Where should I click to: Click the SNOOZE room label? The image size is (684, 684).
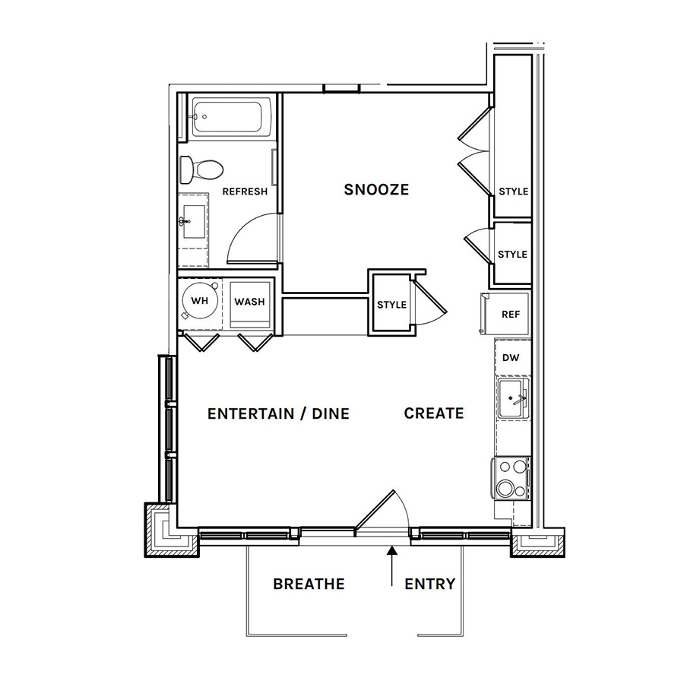pos(376,190)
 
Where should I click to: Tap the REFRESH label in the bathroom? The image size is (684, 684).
pos(245,192)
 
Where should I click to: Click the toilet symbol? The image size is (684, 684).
pos(201,169)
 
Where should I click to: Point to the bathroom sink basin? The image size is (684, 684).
pos(194,222)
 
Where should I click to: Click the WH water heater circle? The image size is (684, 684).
pos(200,301)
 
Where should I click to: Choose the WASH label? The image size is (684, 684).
pos(249,302)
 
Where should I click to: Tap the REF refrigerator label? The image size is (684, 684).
pos(511,315)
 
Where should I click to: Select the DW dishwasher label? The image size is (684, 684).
pos(511,358)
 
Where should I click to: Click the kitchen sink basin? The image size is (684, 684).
pos(511,398)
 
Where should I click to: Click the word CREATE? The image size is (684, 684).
pos(434,413)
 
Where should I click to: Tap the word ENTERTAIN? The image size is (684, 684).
pos(250,414)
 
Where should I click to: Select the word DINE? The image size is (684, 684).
pos(331,414)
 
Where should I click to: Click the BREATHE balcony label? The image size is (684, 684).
pos(309,584)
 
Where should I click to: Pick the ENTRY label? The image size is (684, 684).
pos(429,584)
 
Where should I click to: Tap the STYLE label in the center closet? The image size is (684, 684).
pos(391,305)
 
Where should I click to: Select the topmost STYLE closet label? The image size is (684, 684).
pos(514,192)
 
